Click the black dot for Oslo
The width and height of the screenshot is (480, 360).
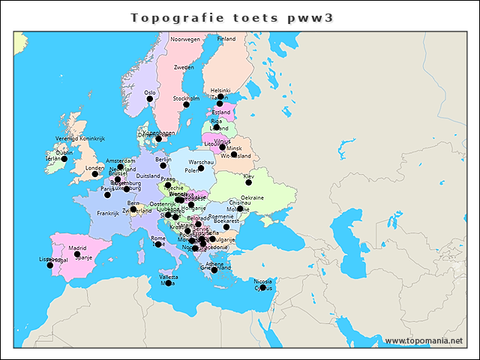click(149, 99)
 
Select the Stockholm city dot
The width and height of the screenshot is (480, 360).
click(186, 105)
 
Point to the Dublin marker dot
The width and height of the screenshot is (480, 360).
click(64, 159)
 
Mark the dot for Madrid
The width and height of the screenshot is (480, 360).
click(77, 254)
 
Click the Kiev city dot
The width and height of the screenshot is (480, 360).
click(249, 182)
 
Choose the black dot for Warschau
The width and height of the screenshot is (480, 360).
click(201, 168)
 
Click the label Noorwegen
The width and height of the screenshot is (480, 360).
click(185, 39)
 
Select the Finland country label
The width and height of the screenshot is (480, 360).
click(226, 38)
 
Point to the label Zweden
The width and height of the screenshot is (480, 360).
click(184, 67)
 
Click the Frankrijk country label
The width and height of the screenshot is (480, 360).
click(107, 213)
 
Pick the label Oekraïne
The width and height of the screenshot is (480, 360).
click(252, 197)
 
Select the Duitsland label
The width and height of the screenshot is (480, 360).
click(148, 176)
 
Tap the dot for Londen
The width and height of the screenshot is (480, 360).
click(95, 174)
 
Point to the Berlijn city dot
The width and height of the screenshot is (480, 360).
click(163, 165)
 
